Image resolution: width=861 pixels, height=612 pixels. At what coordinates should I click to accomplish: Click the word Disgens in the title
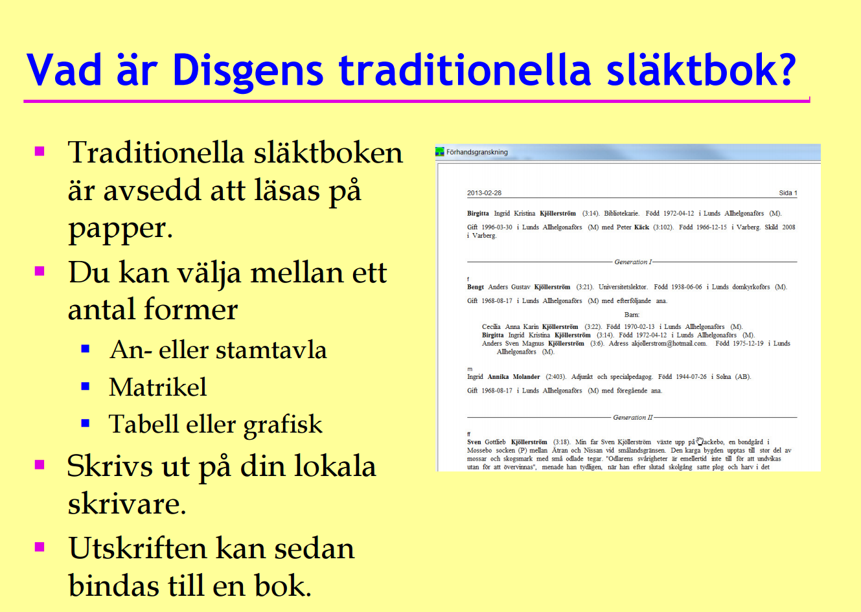[248, 71]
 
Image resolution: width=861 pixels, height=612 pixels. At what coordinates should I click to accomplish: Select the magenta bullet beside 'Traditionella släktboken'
[40, 151]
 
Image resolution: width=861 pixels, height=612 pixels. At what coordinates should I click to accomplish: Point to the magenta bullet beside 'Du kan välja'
[40, 271]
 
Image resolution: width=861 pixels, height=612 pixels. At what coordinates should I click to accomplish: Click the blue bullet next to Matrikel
[86, 386]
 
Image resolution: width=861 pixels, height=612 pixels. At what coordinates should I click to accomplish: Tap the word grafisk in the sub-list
[282, 425]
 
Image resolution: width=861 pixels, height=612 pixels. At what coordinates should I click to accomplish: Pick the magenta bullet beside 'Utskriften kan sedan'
[40, 547]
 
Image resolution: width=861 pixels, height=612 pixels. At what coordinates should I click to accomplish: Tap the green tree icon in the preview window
[440, 152]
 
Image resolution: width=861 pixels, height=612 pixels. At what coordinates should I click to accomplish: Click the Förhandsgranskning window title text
[477, 152]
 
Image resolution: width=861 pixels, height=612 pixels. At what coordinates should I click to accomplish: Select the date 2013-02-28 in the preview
[485, 193]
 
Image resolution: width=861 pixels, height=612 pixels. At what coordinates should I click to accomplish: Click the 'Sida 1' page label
[788, 193]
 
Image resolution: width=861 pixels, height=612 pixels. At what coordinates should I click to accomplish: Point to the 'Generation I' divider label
[633, 262]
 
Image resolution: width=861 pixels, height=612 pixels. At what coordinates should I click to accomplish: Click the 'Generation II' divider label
[633, 417]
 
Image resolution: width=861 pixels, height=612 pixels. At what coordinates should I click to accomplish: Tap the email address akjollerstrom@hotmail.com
[669, 343]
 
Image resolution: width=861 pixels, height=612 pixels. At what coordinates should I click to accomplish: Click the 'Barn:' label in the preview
[632, 315]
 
